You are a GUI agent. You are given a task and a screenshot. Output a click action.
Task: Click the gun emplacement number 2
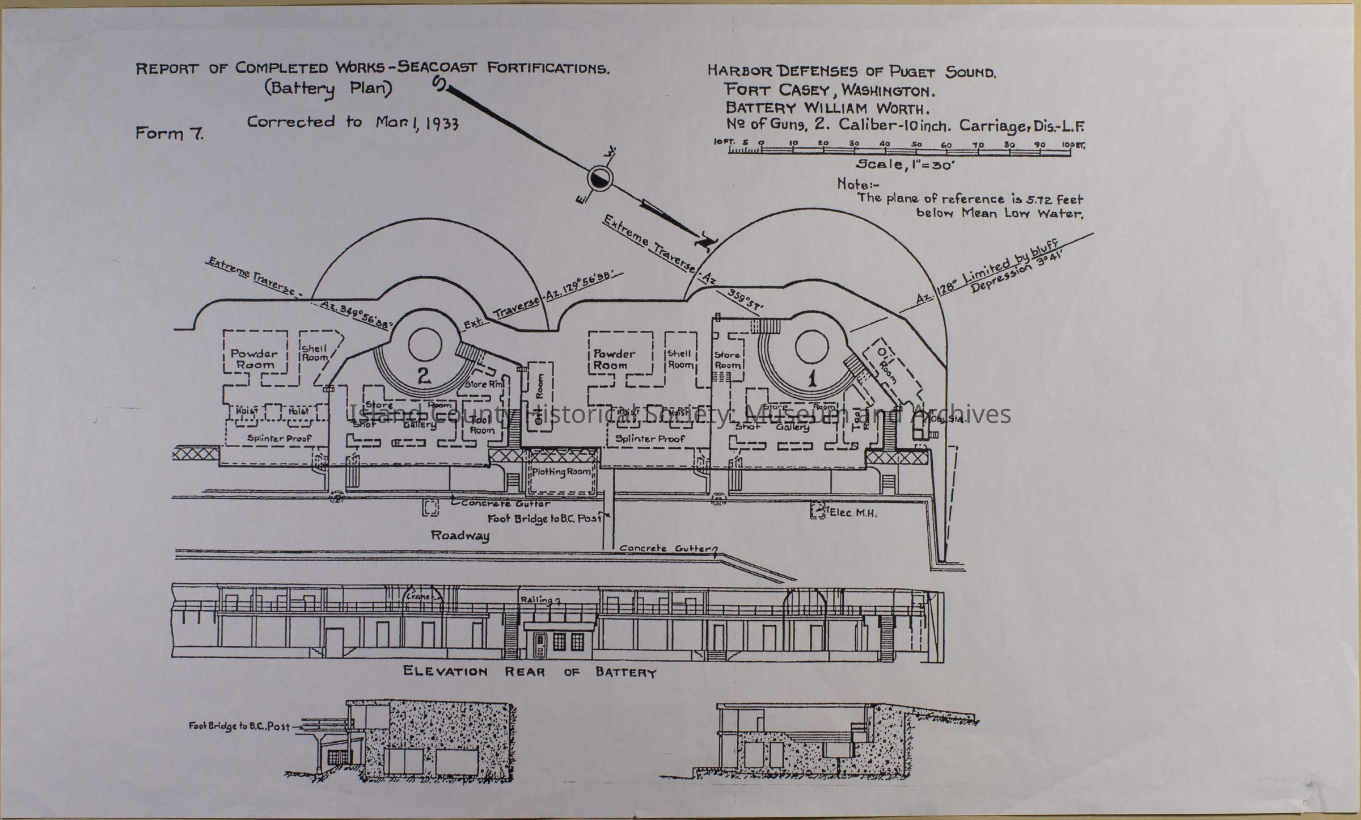pos(424,376)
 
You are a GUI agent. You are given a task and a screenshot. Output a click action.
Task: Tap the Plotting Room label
pos(561,472)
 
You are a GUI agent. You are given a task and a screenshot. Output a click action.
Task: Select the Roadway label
pos(460,535)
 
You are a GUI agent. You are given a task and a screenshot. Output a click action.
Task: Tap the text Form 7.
pos(169,134)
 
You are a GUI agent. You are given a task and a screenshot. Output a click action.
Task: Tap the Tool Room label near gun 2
pos(482,425)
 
